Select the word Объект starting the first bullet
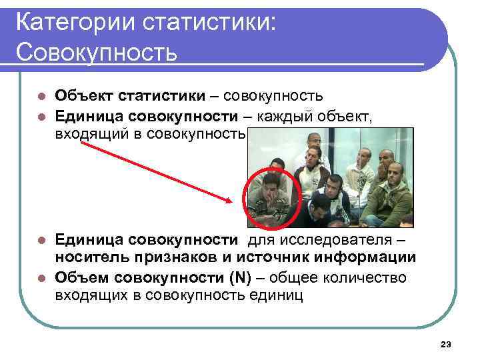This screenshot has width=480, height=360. (x=83, y=97)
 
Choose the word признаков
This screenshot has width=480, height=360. (x=182, y=257)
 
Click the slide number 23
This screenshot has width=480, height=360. (x=446, y=345)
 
